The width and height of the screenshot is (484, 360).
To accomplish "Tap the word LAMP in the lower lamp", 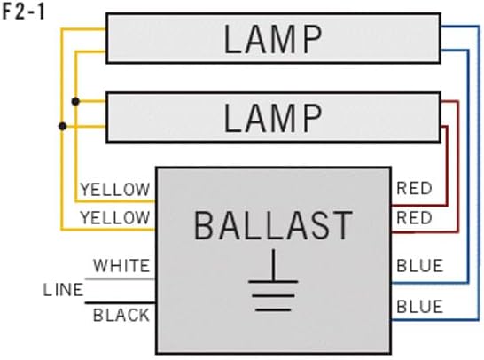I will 272,117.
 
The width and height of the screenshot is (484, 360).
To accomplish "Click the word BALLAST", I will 273,226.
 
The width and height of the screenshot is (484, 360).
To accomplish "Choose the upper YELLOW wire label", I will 115,190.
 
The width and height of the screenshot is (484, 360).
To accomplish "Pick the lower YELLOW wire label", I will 115,217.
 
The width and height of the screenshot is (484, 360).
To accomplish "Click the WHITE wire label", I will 121,265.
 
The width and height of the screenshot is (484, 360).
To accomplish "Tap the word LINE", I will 64,290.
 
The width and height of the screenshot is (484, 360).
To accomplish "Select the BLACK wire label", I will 121,315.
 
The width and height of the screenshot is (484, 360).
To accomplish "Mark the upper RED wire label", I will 414,189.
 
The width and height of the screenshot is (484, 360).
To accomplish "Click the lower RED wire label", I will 414,217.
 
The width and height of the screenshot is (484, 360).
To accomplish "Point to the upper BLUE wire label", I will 419,265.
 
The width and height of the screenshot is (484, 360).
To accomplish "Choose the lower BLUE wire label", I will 419,307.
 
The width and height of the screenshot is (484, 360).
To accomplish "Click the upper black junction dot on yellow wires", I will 76,102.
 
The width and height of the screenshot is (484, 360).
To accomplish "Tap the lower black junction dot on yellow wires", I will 62,126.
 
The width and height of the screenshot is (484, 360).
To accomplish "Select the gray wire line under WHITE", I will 121,278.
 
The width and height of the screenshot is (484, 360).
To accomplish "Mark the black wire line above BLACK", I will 121,301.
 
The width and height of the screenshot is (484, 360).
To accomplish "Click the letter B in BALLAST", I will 204,226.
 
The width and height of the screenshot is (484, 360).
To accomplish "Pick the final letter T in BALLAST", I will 342,226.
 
